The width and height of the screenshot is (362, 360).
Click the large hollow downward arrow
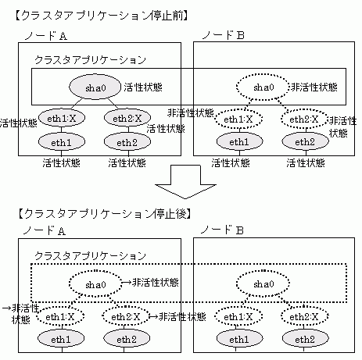coord(185,182)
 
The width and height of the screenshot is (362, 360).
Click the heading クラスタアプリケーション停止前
coord(101,16)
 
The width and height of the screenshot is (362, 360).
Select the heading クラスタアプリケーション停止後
coord(105,214)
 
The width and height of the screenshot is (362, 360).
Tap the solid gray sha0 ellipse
coord(95,87)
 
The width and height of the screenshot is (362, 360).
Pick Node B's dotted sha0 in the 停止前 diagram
coord(263,87)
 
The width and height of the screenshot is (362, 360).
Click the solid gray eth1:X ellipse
coord(62,119)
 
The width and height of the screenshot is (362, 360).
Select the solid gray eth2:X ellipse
coord(127,119)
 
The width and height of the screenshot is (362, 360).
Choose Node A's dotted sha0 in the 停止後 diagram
coord(95,284)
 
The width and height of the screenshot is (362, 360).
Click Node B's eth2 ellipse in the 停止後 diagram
coord(305,339)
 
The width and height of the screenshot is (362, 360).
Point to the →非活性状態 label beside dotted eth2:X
coord(177,317)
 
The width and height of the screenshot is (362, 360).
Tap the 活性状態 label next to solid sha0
coord(143,87)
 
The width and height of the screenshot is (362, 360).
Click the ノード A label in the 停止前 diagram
coord(46,36)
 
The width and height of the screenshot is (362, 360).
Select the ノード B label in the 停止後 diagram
coord(222,230)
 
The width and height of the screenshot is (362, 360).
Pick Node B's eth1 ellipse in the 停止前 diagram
coord(239,142)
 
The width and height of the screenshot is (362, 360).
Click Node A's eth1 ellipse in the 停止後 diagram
coord(61,339)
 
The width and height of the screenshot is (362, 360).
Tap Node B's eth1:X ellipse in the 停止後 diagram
coord(238,317)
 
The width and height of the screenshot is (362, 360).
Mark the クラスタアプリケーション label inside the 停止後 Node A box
coord(90,256)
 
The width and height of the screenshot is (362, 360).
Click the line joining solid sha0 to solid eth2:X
coord(113,104)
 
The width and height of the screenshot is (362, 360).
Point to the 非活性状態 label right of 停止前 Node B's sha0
coord(314,87)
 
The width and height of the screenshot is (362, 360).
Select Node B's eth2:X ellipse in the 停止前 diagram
coord(304,119)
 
